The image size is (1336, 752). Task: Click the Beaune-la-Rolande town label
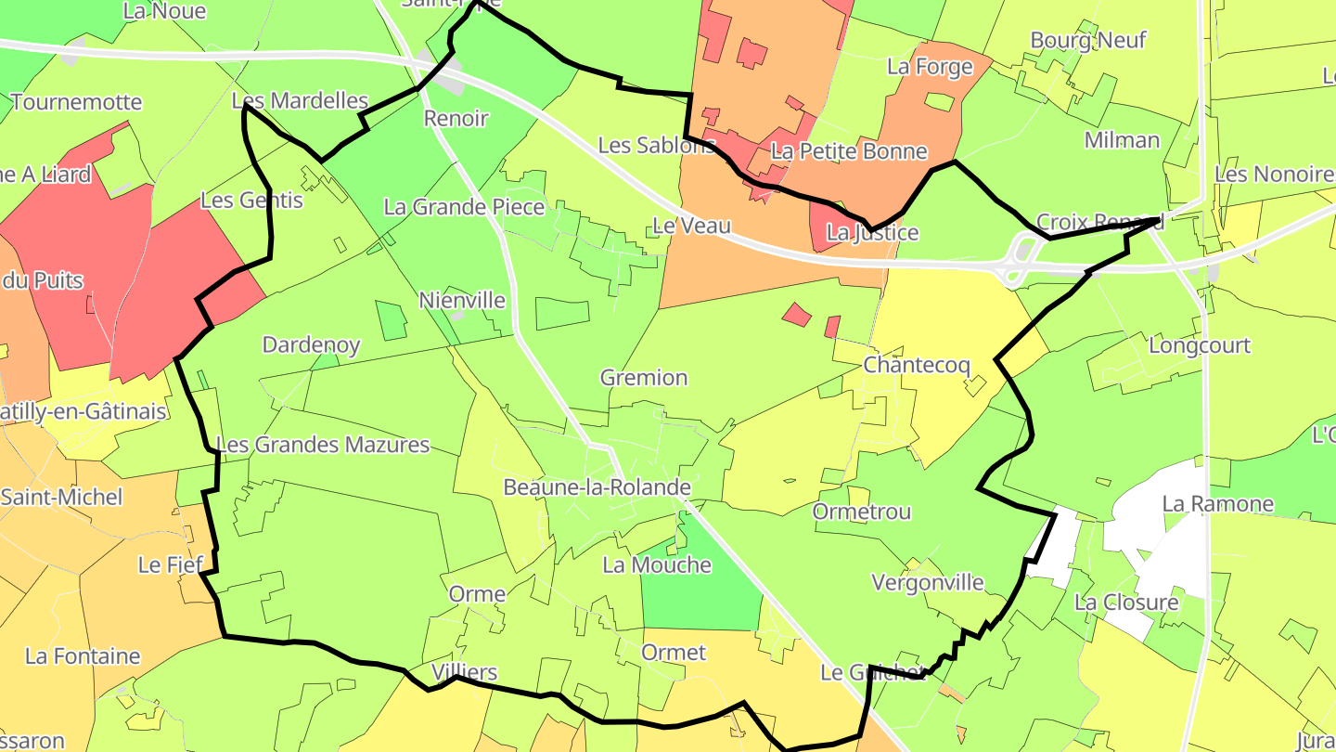597,487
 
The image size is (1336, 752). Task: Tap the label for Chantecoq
917,365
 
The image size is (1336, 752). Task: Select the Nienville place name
462,300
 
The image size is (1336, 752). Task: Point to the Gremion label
644,378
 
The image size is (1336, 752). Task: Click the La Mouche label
657,564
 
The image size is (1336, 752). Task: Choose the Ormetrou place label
862,512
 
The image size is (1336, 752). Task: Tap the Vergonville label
927,582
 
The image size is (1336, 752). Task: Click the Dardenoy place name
311,345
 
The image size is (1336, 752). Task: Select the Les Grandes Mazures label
323,445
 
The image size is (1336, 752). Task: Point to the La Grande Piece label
464,206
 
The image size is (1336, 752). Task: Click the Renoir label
456,118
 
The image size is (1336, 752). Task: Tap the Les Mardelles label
300,100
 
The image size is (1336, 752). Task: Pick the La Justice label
872,232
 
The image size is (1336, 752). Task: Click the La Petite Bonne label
849,150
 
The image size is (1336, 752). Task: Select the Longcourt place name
1200,345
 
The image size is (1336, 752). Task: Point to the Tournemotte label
77,102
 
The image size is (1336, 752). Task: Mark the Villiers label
465,672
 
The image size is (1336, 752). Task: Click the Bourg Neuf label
1088,40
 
